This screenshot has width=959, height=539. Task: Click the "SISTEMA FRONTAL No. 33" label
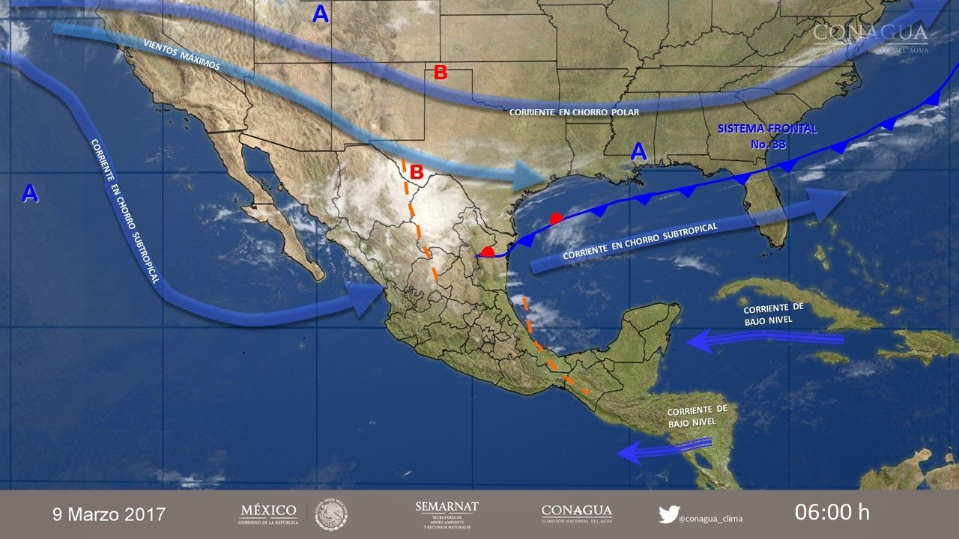point(766,136)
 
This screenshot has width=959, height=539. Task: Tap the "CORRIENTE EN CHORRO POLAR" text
point(574,112)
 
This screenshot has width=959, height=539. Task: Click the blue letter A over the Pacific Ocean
point(29,194)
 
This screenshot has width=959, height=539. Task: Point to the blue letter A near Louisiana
point(638,153)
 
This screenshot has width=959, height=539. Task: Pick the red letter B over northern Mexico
point(416,171)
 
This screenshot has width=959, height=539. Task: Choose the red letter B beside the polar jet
point(441,73)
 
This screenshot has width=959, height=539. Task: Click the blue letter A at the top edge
point(321,14)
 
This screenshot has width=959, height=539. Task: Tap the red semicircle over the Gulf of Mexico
point(555,219)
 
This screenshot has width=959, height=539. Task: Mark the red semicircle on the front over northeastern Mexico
point(488,251)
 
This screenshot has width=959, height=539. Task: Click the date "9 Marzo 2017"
point(109,514)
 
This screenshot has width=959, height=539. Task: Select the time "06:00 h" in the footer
point(832,513)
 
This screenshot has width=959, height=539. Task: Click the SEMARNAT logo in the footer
point(447,514)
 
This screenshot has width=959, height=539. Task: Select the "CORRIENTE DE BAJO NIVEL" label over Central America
point(697,415)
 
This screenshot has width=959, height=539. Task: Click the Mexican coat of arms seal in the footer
point(330,514)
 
